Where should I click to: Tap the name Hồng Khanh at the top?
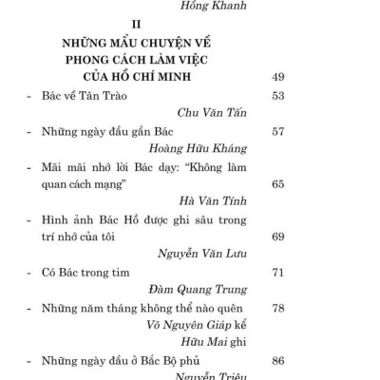tap(229, 5)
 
